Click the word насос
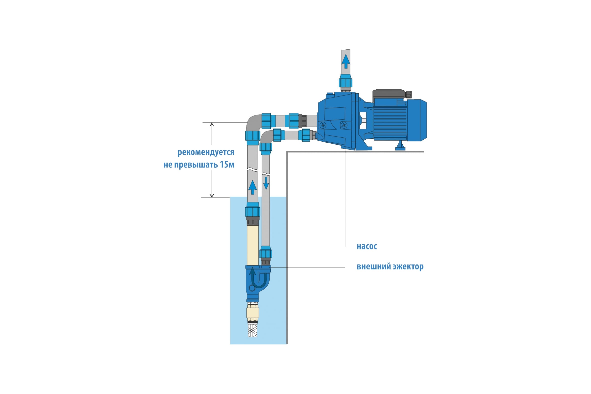pos(367,246)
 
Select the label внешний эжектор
pos(390,267)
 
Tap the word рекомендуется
pos(206,152)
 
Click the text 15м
pos(227,165)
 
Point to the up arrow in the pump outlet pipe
pos(346,61)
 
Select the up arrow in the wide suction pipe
pos(253,187)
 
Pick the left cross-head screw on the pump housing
pos(323,125)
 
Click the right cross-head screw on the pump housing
pos(344,125)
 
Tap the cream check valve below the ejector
pos(253,312)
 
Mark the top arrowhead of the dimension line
pos(212,124)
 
